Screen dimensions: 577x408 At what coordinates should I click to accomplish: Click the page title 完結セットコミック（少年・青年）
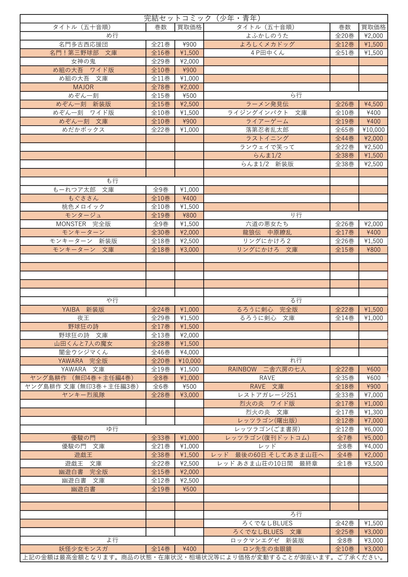204,18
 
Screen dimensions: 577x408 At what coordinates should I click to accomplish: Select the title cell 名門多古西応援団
83,44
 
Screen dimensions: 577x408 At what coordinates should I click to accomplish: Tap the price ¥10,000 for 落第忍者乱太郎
373,130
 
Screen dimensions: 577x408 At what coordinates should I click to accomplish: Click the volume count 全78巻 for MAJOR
161,87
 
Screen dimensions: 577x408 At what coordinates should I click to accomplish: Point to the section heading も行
112,181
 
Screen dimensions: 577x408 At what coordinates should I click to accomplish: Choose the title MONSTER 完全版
83,224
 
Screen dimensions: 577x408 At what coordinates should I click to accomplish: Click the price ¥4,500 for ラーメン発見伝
373,104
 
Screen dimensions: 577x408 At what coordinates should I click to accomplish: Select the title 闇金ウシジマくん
83,352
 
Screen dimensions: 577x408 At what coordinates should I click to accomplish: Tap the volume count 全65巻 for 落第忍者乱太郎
344,130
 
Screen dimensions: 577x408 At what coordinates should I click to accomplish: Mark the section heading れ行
296,361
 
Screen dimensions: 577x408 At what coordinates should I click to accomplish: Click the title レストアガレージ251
267,395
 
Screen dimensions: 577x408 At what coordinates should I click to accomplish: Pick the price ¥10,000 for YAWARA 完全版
189,361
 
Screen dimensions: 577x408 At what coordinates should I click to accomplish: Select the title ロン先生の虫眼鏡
267,549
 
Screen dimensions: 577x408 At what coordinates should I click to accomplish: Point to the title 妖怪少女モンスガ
83,549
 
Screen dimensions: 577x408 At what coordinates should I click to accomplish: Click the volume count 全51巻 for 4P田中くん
344,53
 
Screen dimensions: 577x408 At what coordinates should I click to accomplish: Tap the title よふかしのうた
267,36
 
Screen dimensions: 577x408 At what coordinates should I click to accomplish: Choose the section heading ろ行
296,514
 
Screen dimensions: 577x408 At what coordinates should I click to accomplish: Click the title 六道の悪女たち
267,224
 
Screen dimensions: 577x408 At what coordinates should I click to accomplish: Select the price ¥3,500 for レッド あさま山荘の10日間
373,464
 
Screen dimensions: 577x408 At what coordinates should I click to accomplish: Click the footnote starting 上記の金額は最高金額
204,558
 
